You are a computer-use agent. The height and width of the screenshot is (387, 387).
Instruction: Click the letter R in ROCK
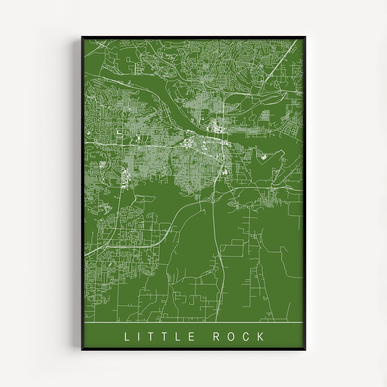(x=217, y=336)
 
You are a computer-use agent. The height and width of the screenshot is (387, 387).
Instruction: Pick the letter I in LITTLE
(x=139, y=336)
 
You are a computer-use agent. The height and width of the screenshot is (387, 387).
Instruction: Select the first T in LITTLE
(x=152, y=336)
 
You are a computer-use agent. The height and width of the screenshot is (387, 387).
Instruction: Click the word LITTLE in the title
(x=159, y=336)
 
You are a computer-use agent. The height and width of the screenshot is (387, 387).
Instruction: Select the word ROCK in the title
(x=239, y=336)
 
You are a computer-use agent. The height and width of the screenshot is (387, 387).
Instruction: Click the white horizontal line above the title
(x=193, y=322)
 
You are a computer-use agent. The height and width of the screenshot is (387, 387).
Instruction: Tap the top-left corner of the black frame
(x=82, y=37)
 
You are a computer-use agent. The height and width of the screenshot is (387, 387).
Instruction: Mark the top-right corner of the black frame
(x=306, y=37)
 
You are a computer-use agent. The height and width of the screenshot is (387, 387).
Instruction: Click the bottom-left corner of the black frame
(x=82, y=350)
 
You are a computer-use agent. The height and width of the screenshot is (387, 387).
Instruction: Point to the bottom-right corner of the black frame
(x=306, y=350)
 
